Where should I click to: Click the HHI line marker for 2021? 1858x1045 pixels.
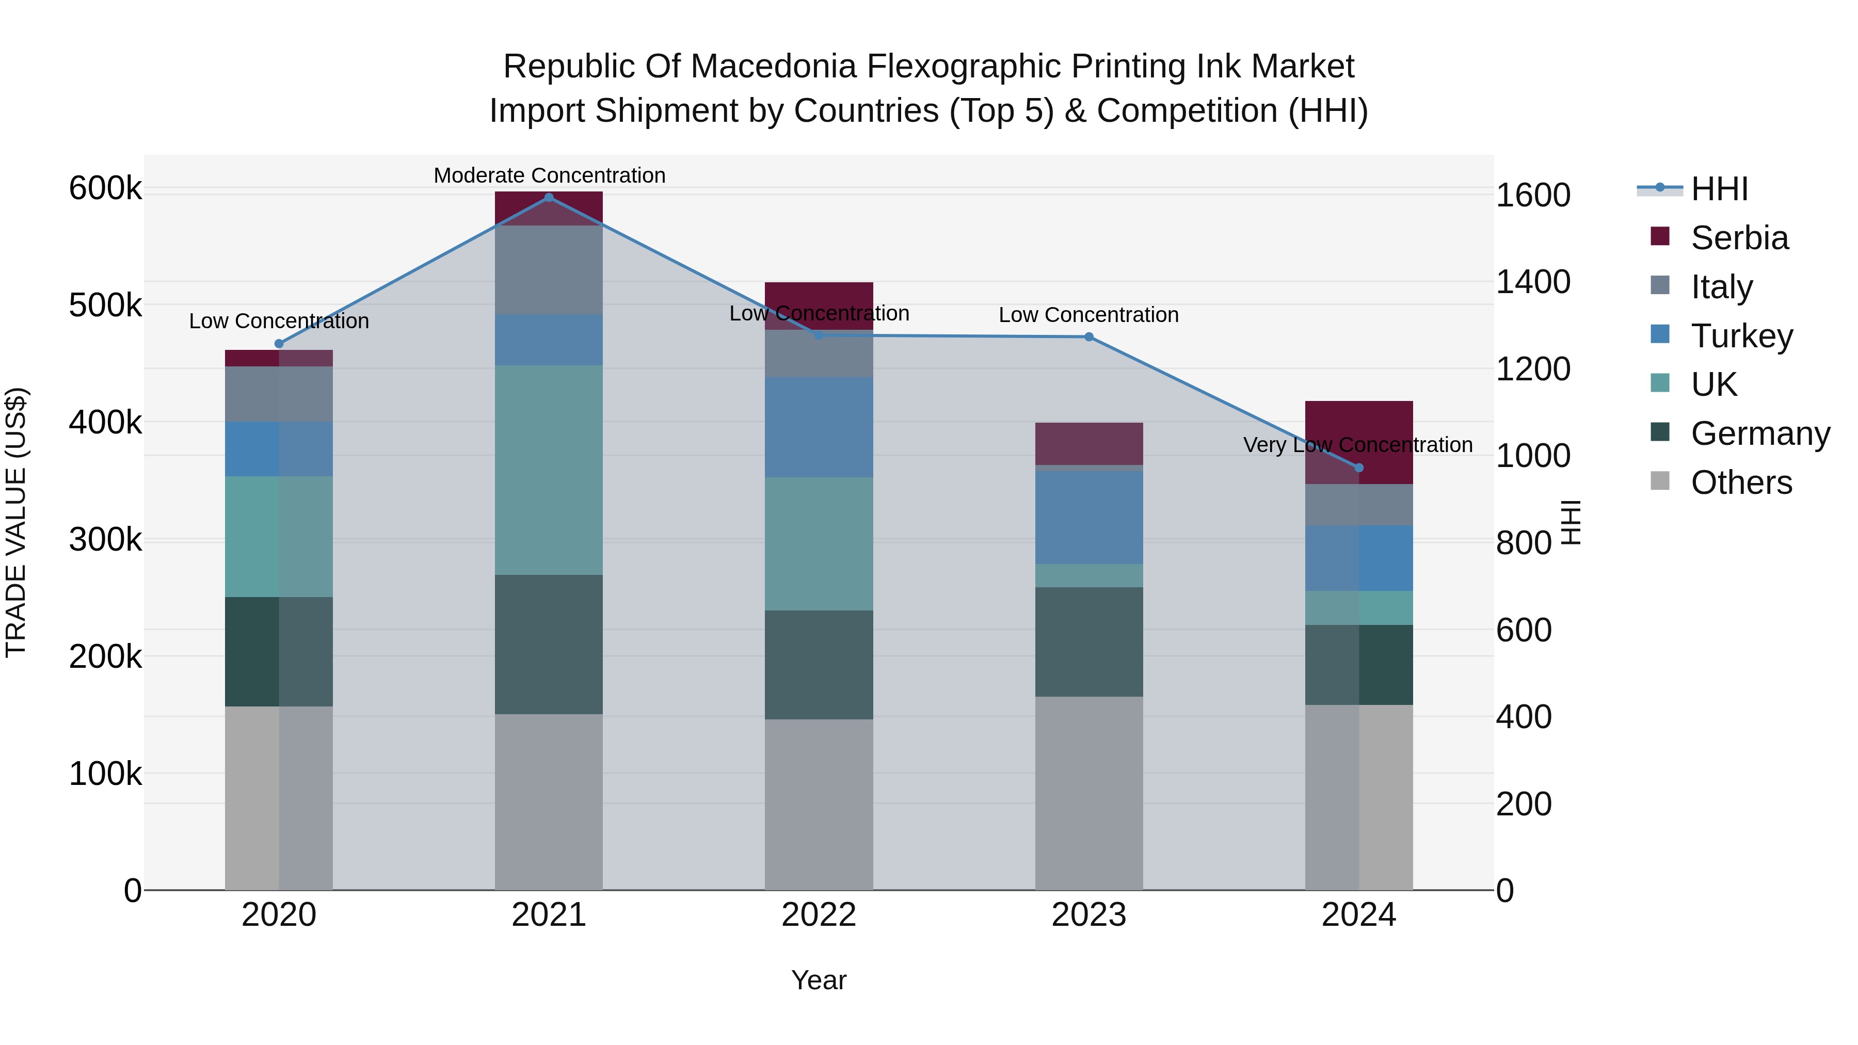(x=549, y=198)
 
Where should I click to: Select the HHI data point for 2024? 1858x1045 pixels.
(x=1359, y=468)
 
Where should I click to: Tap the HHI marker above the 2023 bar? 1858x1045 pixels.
(x=1089, y=337)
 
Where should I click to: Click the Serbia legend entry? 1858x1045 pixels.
(x=1739, y=238)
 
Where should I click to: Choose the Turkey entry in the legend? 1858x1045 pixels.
(x=1741, y=336)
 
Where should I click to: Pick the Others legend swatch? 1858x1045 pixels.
(x=1660, y=481)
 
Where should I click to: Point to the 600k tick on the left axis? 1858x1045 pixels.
(x=105, y=189)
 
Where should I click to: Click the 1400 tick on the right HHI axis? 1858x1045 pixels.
(x=1533, y=282)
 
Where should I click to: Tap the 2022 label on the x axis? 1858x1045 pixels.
(x=819, y=915)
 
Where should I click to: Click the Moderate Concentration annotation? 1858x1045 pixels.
(x=549, y=175)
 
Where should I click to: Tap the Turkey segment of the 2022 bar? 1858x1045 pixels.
(x=819, y=427)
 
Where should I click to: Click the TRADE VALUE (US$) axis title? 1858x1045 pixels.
(x=16, y=522)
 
